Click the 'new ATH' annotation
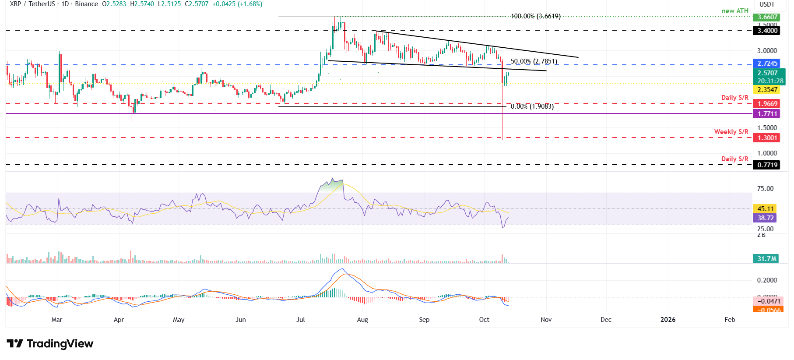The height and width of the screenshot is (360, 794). click(x=735, y=11)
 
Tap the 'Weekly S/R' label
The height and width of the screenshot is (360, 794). click(x=731, y=132)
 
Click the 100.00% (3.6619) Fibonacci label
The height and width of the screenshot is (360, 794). click(x=536, y=17)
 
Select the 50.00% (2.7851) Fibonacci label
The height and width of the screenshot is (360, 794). click(x=534, y=62)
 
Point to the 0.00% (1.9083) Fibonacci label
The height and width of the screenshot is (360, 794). click(x=532, y=106)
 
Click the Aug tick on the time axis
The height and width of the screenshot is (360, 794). click(x=362, y=320)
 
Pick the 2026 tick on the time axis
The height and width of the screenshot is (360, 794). click(x=668, y=320)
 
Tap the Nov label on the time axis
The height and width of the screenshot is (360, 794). click(x=546, y=320)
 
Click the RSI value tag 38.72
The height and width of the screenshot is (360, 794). click(x=766, y=218)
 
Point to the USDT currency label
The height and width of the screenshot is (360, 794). click(x=767, y=4)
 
